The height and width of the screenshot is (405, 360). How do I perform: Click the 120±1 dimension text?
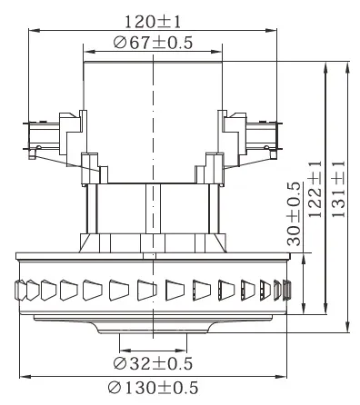(153, 22)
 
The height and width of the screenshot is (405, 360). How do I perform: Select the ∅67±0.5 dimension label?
(153, 43)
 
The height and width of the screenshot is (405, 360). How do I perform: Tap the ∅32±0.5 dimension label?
(153, 363)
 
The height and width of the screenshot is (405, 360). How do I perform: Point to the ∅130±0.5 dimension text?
(153, 388)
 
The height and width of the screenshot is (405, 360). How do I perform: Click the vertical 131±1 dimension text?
(338, 189)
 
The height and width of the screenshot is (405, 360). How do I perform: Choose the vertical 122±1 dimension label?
(315, 189)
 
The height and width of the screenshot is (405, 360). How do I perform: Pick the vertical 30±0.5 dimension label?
(294, 214)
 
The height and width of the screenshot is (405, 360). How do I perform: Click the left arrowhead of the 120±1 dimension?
(34, 30)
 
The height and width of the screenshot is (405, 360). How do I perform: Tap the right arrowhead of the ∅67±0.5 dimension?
(216, 52)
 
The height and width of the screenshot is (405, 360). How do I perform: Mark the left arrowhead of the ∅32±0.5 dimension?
(125, 351)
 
